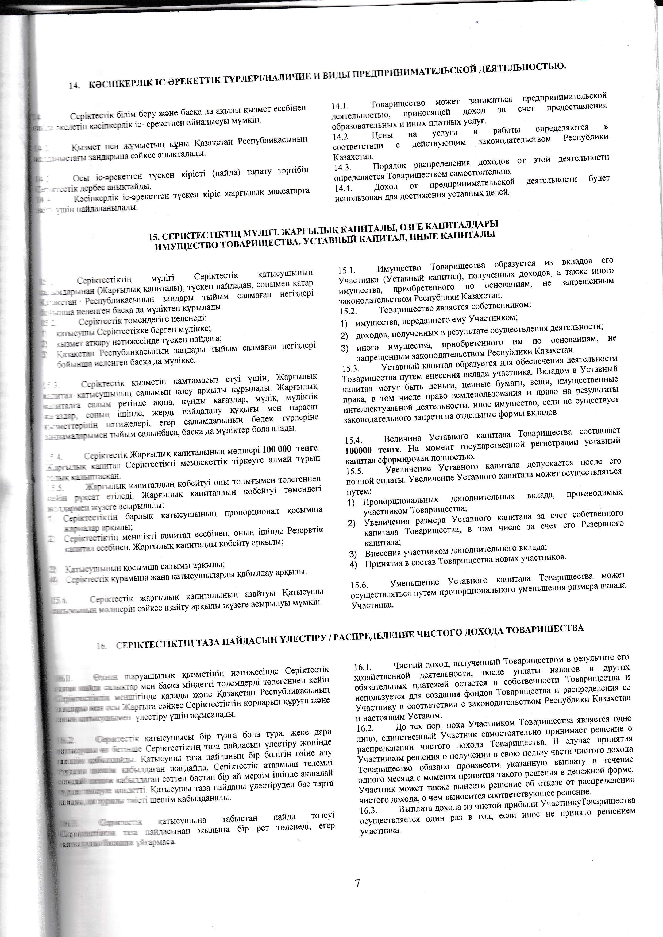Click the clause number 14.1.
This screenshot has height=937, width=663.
[339, 106]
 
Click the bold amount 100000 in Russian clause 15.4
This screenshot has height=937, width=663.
[359, 450]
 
